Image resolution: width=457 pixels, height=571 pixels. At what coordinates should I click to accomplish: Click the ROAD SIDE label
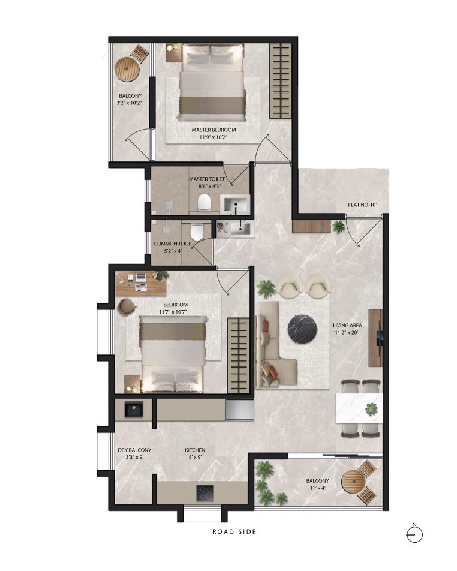[234, 531]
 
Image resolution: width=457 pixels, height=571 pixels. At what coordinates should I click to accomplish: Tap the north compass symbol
[414, 533]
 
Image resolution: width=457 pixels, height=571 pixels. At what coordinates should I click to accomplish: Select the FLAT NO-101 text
[362, 205]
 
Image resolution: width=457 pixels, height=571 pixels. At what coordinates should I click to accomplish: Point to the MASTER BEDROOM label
[214, 130]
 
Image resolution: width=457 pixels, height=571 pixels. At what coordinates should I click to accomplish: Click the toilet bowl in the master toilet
[204, 202]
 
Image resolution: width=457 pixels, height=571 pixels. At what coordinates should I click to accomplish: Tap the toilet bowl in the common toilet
[196, 232]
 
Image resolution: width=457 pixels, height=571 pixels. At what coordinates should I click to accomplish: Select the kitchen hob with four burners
[205, 494]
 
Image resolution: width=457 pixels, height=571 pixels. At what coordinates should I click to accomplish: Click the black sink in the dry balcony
[133, 410]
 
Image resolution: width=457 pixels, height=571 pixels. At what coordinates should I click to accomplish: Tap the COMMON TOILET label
[174, 244]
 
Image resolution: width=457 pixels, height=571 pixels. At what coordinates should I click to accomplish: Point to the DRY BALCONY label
[134, 450]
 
